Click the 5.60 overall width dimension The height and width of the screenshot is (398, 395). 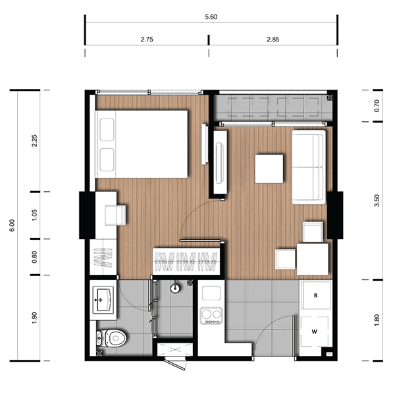tap(211, 17)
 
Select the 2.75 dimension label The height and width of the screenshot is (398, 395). tap(147, 40)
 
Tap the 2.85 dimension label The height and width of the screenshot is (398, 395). tap(273, 40)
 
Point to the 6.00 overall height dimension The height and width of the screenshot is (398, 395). tap(12, 225)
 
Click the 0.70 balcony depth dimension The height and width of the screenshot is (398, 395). tap(377, 105)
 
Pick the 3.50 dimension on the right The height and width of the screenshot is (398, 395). tap(377, 200)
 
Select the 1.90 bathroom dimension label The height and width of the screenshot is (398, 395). tap(34, 318)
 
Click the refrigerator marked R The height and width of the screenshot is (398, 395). tap(315, 295)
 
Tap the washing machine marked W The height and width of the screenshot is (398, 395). tap(315, 331)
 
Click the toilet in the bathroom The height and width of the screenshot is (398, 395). tap(111, 338)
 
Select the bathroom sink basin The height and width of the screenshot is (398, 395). tap(103, 300)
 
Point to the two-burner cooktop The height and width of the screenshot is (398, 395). tap(211, 316)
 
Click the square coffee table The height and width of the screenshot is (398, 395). tap(269, 169)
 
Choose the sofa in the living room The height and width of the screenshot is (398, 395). tap(309, 167)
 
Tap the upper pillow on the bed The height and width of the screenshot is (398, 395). tap(107, 129)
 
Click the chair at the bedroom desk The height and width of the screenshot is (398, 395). tap(116, 215)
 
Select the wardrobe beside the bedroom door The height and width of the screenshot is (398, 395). tap(186, 261)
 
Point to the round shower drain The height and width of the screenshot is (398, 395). tap(175, 289)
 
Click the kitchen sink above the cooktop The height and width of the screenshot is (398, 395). tap(211, 293)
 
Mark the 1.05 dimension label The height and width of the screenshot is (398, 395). tap(34, 215)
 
